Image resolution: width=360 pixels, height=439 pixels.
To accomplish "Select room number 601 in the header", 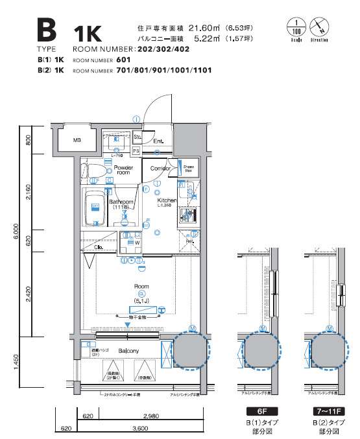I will (x=123, y=60).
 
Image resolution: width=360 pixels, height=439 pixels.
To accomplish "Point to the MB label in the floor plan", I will (x=77, y=140).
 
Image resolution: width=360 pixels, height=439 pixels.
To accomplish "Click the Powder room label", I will (x=123, y=170).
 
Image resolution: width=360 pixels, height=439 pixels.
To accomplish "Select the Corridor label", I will (x=160, y=169).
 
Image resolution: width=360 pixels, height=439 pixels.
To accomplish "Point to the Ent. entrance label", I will (x=158, y=140).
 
